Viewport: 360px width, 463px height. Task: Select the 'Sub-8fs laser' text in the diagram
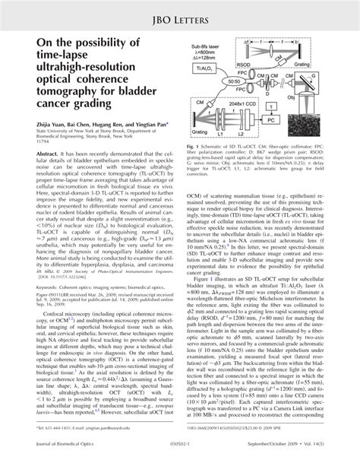(x=203, y=47)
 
